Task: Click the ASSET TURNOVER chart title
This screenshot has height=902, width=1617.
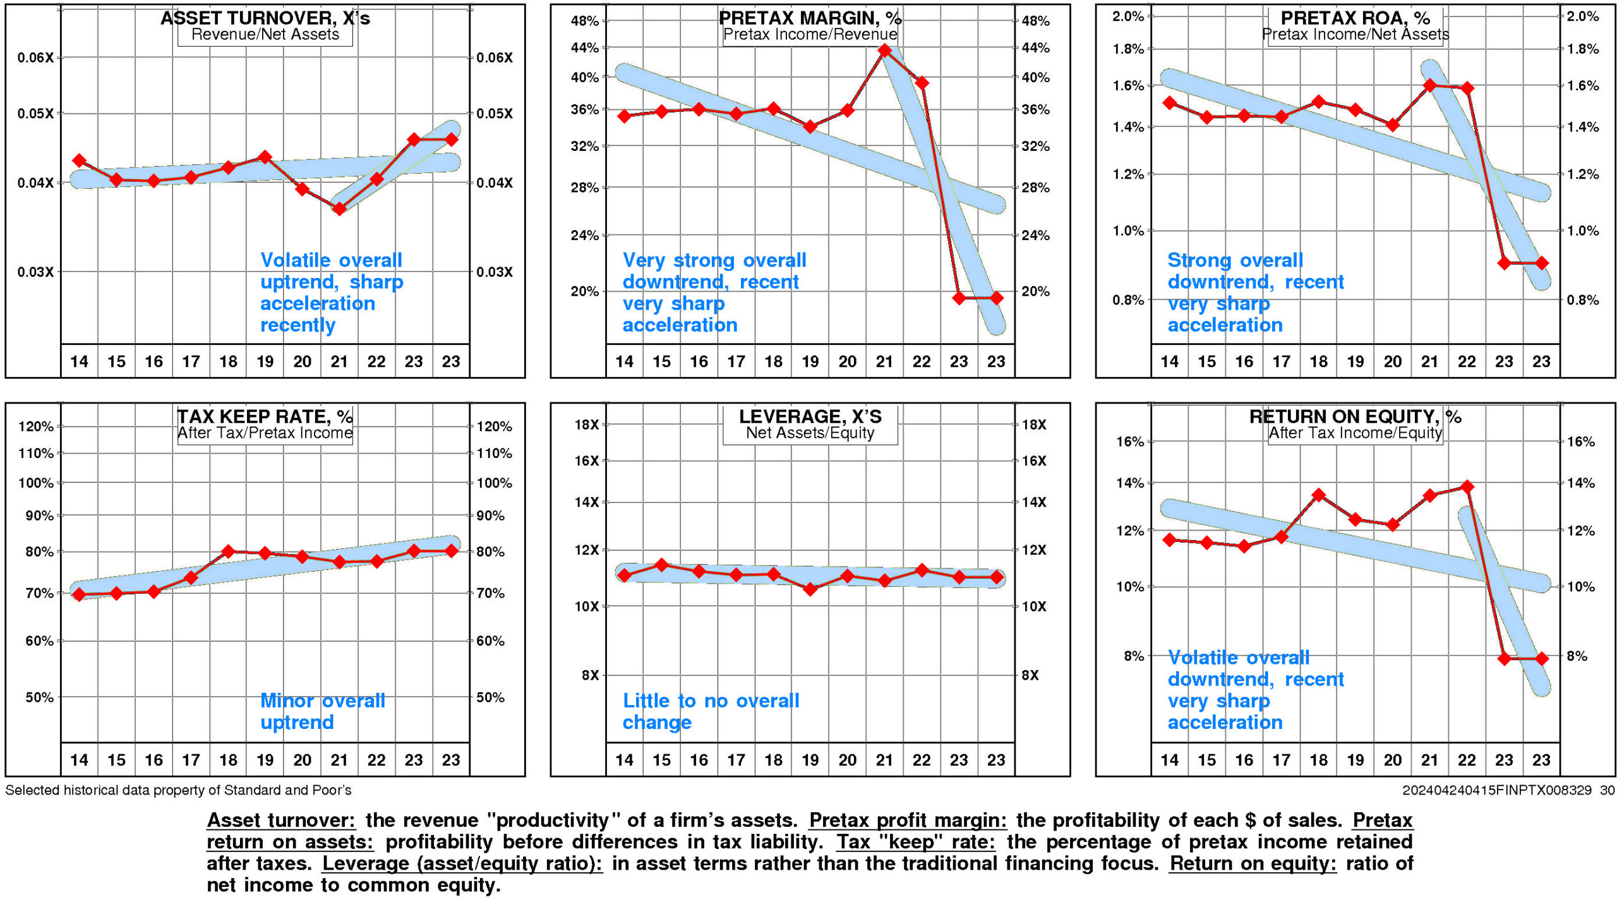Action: (265, 18)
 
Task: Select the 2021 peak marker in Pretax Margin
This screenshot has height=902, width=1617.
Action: (884, 50)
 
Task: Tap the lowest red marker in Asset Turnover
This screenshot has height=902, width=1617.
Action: (339, 208)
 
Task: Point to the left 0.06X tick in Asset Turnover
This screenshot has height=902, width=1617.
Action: (35, 57)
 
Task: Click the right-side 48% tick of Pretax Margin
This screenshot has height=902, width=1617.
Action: (1035, 21)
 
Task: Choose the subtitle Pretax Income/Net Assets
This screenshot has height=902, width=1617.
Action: (1356, 34)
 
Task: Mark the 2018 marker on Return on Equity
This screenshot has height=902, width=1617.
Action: (1318, 495)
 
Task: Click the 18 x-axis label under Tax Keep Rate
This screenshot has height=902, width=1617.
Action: (228, 760)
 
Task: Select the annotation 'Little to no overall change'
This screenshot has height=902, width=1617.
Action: (711, 711)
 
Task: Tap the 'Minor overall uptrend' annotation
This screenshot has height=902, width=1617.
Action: (322, 711)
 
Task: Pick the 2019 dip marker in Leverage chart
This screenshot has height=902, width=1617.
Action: (810, 589)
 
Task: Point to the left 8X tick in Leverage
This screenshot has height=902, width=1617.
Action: (590, 675)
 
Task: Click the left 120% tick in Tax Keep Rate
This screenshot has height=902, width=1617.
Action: (36, 426)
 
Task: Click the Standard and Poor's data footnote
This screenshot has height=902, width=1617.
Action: (178, 790)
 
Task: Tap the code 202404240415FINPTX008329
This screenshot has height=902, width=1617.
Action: (1496, 790)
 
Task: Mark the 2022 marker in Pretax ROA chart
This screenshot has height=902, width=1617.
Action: (1467, 88)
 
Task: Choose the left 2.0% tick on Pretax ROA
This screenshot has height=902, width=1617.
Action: (1128, 16)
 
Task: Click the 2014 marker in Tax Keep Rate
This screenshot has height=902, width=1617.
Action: (79, 594)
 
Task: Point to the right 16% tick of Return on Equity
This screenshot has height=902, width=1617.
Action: (1580, 442)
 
